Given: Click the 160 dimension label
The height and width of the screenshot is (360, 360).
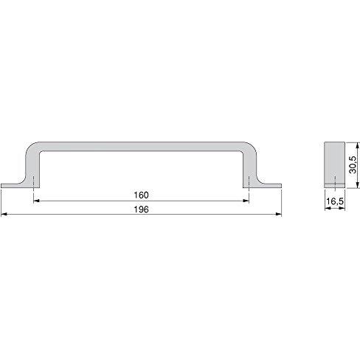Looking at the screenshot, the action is (x=141, y=195).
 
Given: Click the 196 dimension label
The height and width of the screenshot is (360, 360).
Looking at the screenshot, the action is (x=141, y=210).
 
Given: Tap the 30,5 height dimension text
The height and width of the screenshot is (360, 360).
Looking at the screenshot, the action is (x=353, y=165).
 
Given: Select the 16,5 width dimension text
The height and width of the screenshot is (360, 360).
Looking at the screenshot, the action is (x=335, y=201).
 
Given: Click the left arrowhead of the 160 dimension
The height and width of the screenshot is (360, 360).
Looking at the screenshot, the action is (x=36, y=201).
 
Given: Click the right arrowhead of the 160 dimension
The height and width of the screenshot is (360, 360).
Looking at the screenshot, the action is (x=246, y=201).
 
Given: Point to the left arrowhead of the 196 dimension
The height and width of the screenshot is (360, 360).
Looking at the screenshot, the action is (x=4, y=215).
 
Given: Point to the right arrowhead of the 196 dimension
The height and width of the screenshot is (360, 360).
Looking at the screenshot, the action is (x=278, y=215).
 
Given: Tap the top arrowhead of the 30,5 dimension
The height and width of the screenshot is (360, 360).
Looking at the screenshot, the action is (x=358, y=145).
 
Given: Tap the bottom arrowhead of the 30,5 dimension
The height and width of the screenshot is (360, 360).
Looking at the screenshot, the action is (x=358, y=185).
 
